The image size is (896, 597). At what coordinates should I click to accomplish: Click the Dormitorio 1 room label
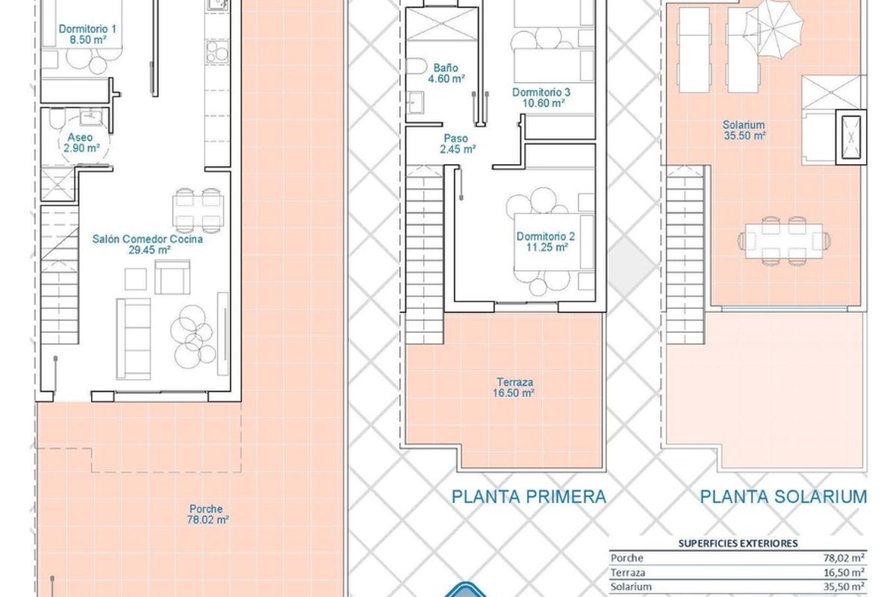87,34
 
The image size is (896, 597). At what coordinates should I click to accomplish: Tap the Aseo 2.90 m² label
81,143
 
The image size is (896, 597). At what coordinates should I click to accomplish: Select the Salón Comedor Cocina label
148,244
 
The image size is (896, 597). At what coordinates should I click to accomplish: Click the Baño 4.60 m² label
446,73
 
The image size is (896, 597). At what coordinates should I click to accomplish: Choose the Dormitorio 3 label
541,98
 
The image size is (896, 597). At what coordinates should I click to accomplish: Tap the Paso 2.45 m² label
457,144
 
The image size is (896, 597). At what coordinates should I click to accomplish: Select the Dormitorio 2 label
546,242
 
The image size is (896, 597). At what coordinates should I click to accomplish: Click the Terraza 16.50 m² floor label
513,387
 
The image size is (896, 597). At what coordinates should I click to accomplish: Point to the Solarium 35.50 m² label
744,130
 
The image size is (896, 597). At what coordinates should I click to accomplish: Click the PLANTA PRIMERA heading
529,497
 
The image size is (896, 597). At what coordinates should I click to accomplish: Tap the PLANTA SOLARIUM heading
783,497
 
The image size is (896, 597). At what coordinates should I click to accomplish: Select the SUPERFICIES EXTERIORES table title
738,543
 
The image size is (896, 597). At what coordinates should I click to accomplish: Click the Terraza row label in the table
628,572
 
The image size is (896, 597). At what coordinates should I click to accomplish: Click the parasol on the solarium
774,28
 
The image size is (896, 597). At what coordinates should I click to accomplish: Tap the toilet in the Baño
416,66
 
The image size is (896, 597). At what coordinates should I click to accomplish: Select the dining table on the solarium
784,241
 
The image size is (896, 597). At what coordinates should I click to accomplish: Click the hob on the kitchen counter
217,51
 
